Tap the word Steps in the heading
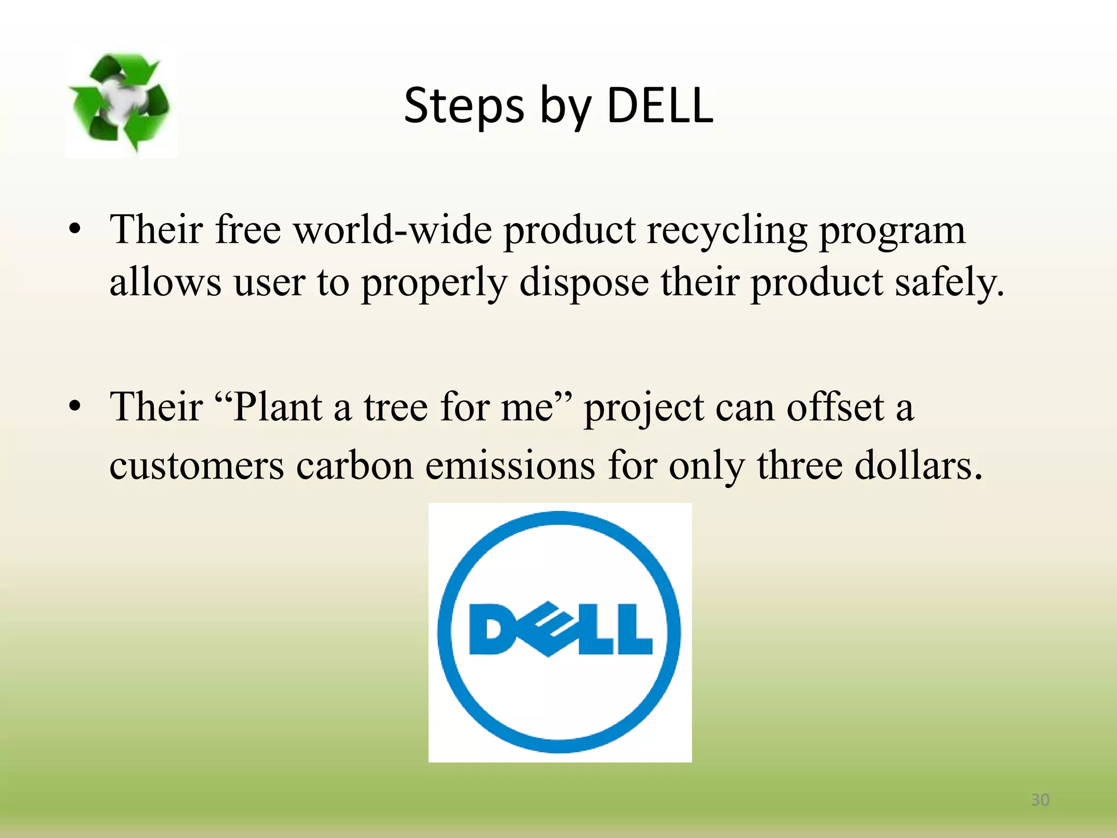464,106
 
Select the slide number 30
1040,800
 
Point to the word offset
835,407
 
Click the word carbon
355,465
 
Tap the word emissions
510,465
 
